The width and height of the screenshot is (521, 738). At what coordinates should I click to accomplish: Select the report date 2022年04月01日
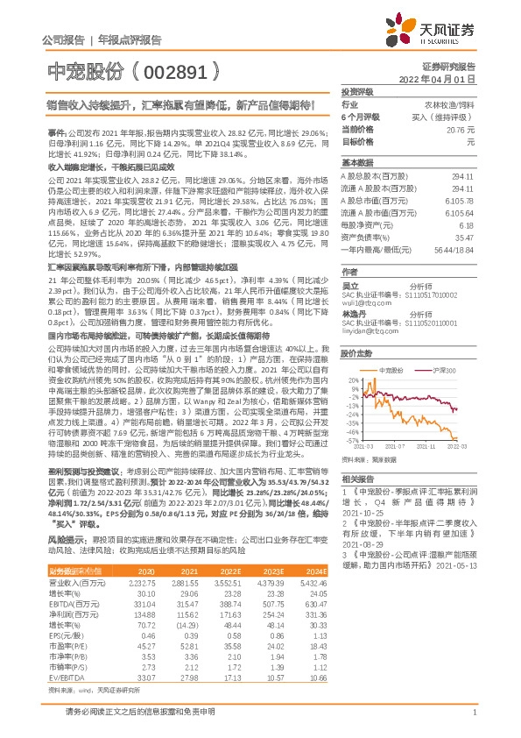[x=442, y=78]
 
